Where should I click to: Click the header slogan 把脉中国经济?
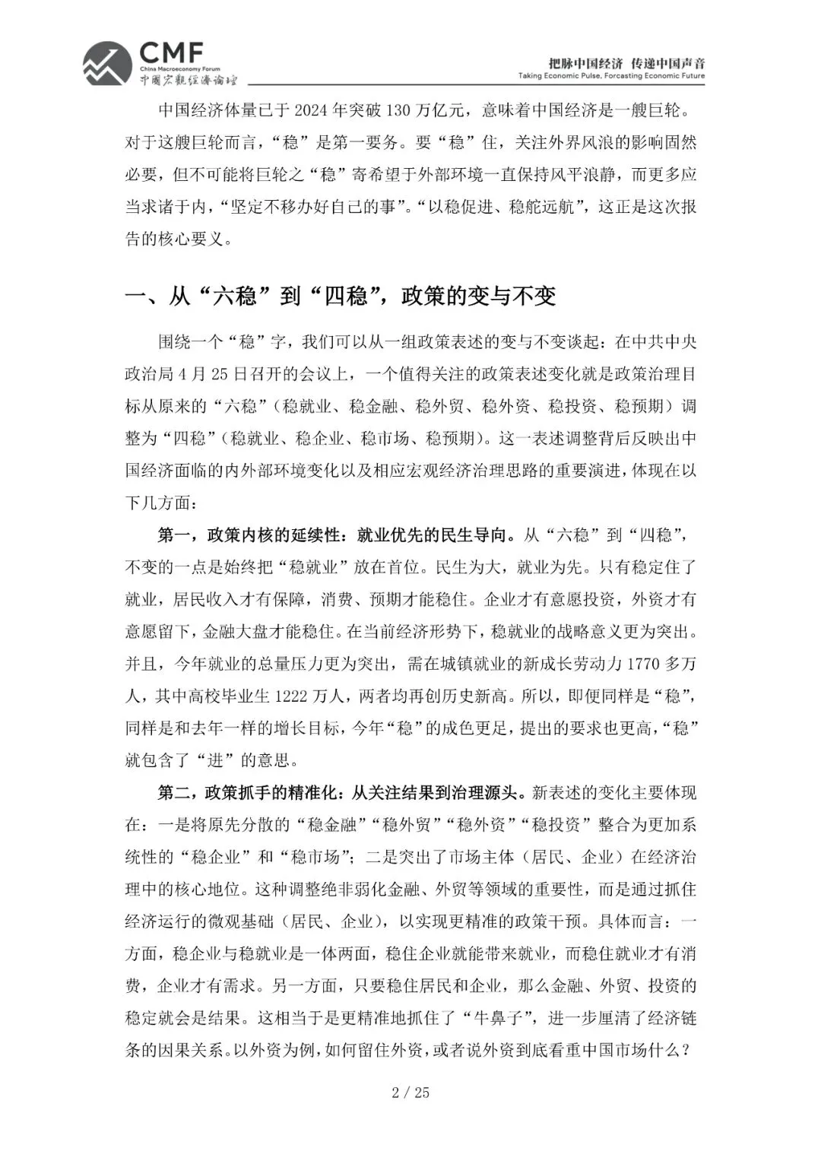click(585, 62)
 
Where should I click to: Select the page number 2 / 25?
click(410, 1093)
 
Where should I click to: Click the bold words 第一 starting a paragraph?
click(174, 535)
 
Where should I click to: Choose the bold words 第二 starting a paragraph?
click(174, 792)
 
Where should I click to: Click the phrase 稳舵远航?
click(540, 207)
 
